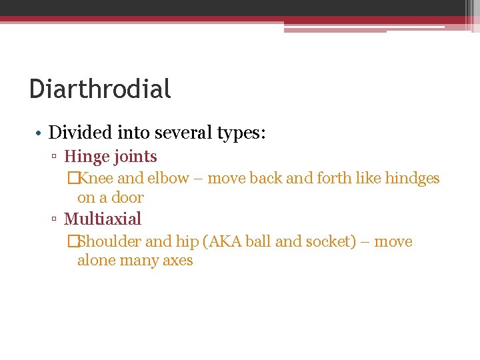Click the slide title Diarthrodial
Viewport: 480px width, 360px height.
100,89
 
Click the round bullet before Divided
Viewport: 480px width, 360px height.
39,133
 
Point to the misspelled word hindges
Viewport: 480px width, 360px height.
412,179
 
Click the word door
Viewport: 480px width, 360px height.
129,197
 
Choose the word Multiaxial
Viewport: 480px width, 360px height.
103,219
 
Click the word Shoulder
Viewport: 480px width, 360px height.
109,241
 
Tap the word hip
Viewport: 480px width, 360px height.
187,241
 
